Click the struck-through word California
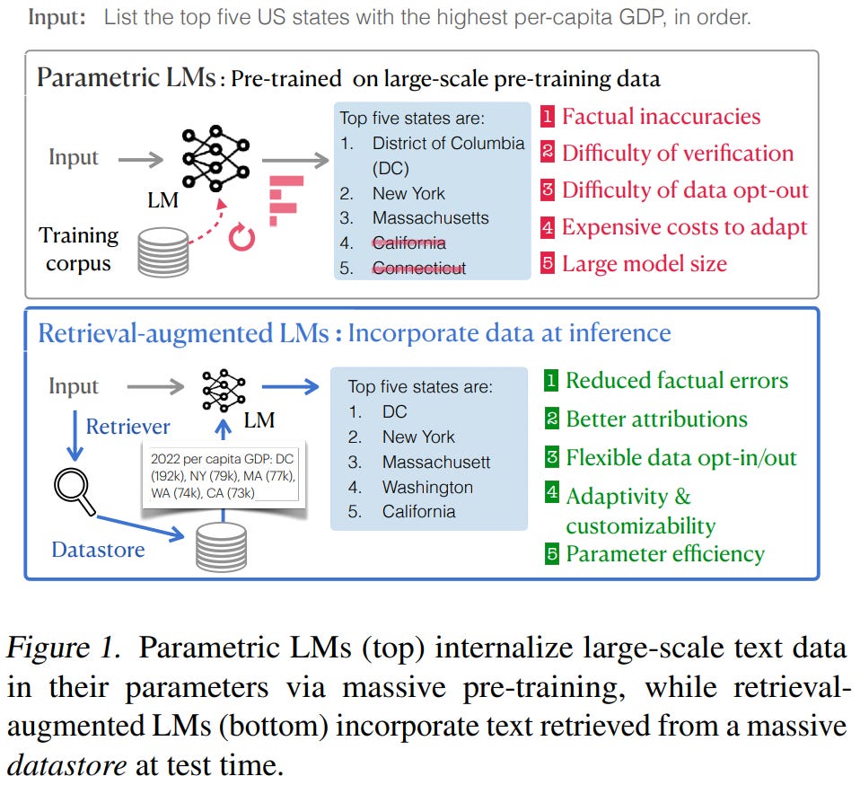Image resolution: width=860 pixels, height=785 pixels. tap(408, 243)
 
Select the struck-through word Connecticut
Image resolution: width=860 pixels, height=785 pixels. tap(418, 268)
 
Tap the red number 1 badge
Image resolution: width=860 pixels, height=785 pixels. tap(548, 117)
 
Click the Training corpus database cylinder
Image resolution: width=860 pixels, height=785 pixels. tap(162, 251)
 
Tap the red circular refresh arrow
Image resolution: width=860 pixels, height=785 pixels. tap(242, 237)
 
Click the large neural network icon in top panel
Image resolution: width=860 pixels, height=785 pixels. tap(215, 158)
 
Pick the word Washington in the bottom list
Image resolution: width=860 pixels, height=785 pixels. tap(427, 487)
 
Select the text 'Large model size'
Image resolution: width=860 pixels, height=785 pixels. tap(644, 263)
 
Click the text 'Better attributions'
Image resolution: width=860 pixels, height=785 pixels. tap(656, 419)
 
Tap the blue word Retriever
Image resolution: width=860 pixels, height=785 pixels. tap(127, 426)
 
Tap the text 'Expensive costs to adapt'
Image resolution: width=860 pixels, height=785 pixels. tap(684, 227)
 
